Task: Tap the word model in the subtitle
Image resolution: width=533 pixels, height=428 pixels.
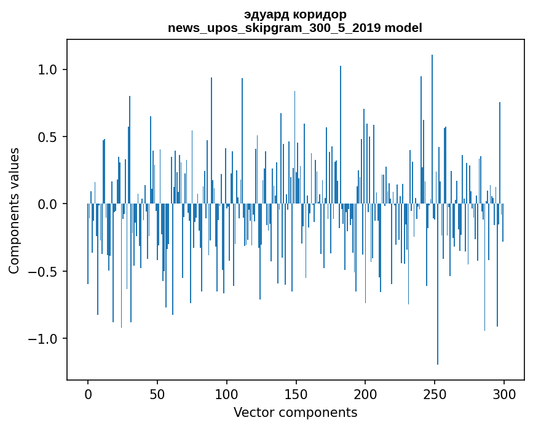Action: tap(406, 28)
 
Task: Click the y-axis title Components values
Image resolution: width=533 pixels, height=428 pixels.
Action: tap(14, 210)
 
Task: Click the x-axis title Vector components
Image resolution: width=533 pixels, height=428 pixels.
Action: tap(295, 412)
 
